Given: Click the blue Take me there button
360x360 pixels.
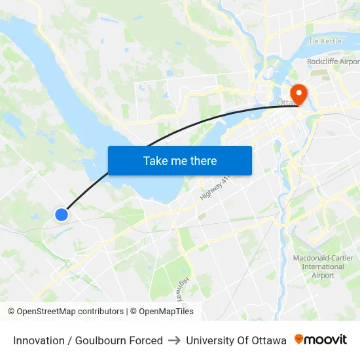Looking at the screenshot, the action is tap(179, 160).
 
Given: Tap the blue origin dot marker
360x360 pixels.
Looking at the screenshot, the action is tap(62, 214).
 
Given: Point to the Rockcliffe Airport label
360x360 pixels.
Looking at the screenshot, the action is tap(333, 62).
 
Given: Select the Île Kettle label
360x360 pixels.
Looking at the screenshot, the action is tap(325, 41).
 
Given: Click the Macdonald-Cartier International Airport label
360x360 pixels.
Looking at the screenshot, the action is tap(323, 266).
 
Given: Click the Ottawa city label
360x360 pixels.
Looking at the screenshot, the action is tap(286, 103).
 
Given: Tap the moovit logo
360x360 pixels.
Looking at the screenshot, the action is tap(321, 340).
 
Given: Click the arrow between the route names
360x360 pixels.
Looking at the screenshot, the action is tap(174, 340).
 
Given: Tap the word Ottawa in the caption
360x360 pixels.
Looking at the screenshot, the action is tap(269, 340).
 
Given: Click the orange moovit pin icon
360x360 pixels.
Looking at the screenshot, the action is tap(299, 339).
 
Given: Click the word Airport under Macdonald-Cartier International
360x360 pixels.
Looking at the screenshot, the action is tap(323, 275).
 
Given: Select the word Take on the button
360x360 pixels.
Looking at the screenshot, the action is tap(155, 160).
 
